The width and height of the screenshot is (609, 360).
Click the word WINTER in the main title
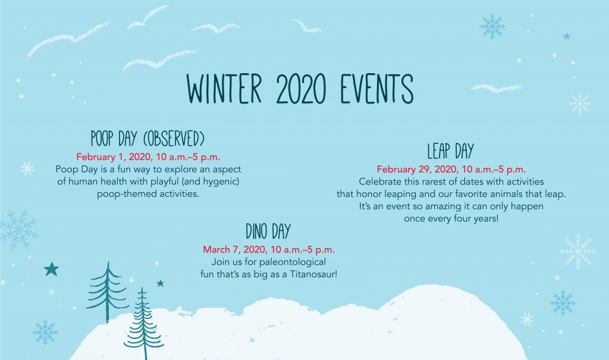coord(224,89)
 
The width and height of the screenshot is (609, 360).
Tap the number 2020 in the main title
coord(300,89)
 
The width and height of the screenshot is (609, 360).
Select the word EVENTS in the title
coord(376,89)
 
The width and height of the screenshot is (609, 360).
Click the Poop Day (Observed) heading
coord(147,139)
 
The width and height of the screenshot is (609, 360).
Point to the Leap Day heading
coord(451,151)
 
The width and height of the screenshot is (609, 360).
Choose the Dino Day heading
coord(268,231)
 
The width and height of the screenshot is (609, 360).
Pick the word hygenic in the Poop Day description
coord(221,181)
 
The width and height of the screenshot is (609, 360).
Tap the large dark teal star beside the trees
coord(51,269)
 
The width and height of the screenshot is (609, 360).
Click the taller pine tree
coord(108,292)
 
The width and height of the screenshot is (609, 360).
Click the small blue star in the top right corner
coord(567,36)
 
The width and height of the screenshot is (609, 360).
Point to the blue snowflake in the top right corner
coord(492,26)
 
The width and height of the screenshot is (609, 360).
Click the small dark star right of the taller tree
coord(160,283)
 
